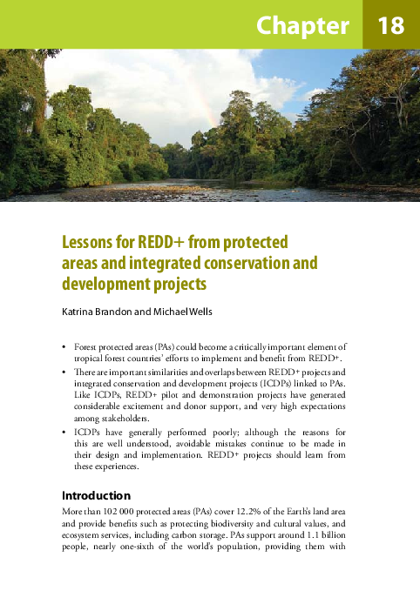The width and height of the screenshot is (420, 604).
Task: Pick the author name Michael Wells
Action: [181, 312]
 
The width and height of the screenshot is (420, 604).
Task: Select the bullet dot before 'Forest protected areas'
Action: [64, 346]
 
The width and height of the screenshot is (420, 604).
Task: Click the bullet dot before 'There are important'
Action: [64, 371]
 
